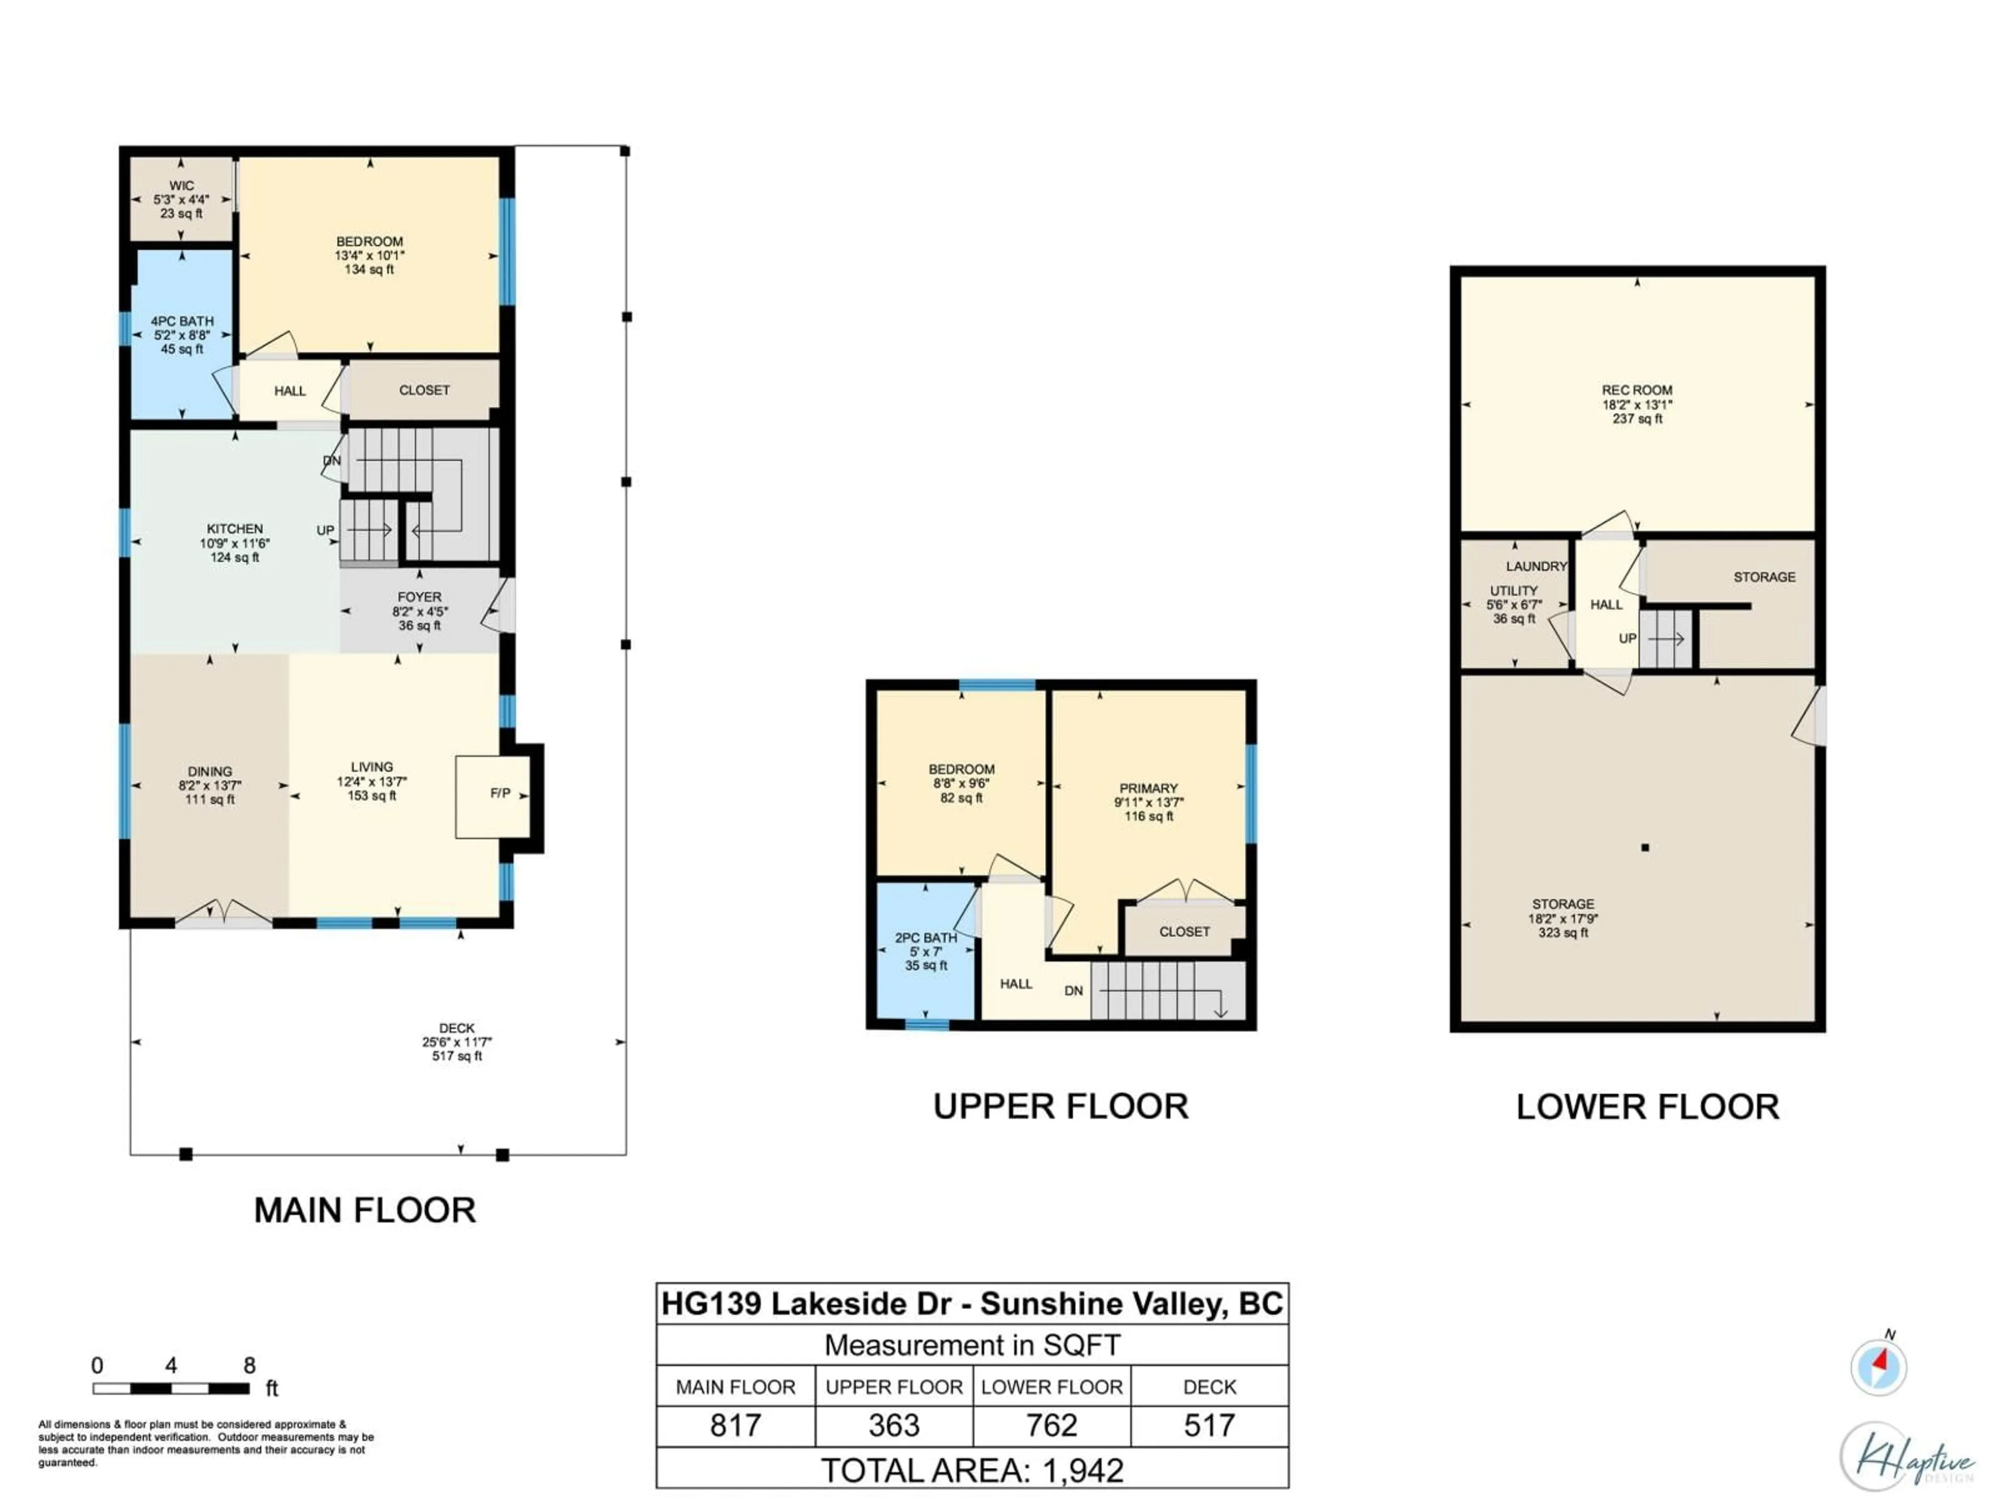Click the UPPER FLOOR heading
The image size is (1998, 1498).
1060,1107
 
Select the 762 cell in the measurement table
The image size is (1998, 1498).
1052,1426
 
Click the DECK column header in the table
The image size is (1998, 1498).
1209,1387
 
